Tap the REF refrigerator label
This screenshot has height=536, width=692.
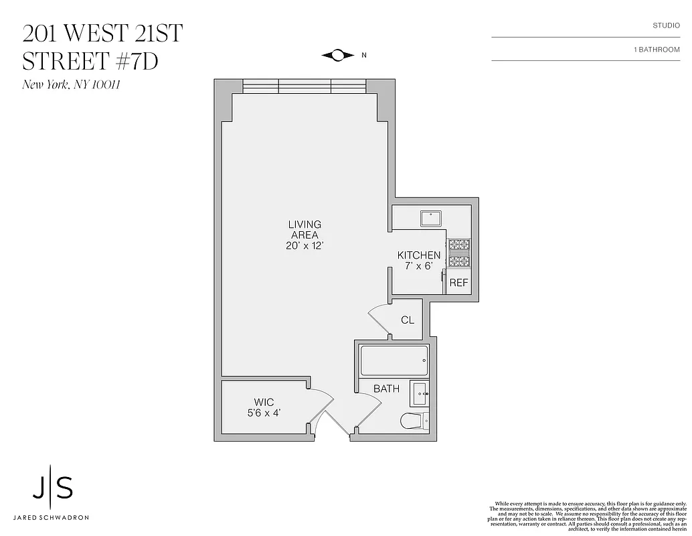point(458,283)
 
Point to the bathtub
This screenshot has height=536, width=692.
point(393,360)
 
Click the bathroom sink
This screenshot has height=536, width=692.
point(420,394)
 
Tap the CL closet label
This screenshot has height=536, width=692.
point(408,320)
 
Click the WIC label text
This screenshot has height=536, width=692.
point(264,403)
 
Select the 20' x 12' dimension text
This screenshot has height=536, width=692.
point(305,246)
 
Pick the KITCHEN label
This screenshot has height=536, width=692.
point(419,255)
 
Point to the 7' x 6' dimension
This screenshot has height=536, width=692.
point(419,266)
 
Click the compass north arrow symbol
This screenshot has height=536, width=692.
point(337,55)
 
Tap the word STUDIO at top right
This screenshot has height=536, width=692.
point(666,25)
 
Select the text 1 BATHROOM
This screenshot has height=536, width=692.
point(656,50)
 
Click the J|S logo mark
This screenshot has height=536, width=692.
point(53,490)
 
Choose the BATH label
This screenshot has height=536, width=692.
point(386,389)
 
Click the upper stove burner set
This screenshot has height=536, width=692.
point(459,245)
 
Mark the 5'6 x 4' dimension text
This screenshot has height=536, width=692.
point(264,413)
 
